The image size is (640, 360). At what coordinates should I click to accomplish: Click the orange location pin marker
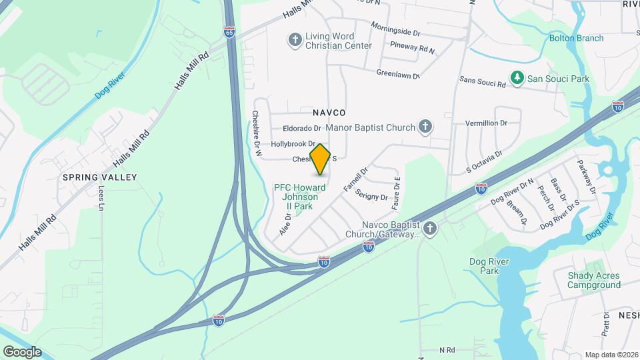pos(321,159)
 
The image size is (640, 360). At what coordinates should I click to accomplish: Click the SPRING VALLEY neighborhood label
pos(99,177)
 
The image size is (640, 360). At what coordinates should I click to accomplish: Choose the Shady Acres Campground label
pos(593,280)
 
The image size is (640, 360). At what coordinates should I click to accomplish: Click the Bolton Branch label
pos(576,38)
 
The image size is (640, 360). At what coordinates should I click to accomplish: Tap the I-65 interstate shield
pos(230,31)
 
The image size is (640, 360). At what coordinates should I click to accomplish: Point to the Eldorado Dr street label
pos(302,128)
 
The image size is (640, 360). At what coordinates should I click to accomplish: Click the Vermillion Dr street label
pos(486,123)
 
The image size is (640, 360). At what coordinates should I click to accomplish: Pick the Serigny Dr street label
pos(371,196)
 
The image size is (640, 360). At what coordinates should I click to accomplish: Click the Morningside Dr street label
pos(397,29)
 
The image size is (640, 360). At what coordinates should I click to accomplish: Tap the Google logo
pos(22,352)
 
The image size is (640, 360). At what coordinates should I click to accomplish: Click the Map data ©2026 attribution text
pos(611,355)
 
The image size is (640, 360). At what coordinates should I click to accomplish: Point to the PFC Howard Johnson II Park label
pos(300,197)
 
